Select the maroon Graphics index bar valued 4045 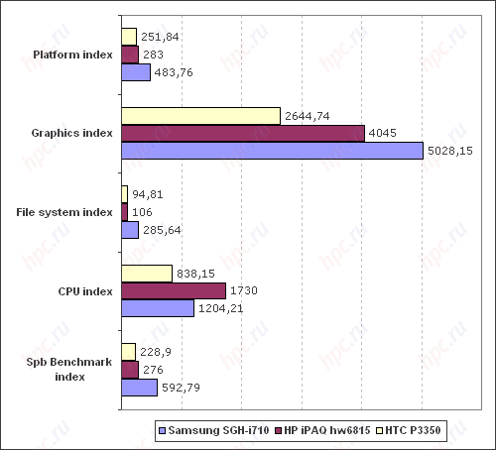(242, 134)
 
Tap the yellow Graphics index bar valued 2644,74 (200, 116)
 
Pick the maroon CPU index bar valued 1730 (173, 291)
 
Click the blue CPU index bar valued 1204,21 (157, 308)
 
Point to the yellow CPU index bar (146, 274)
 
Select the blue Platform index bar (135, 72)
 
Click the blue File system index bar (129, 230)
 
